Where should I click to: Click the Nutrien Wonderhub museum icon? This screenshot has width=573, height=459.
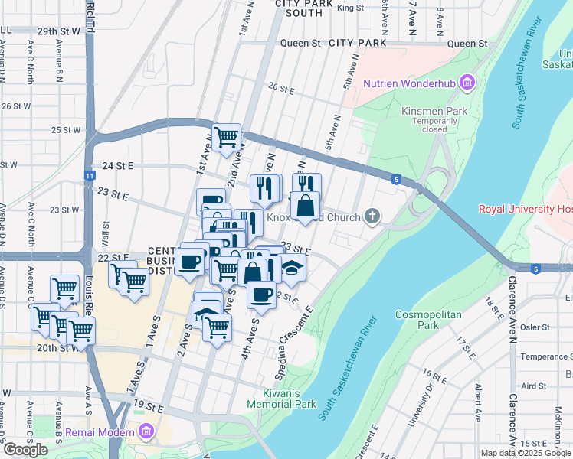[x=467, y=83]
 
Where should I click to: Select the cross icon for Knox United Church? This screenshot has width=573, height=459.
[x=372, y=217]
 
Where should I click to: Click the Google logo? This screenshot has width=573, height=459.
[x=25, y=450]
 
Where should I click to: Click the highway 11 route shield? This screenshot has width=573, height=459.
[x=90, y=176]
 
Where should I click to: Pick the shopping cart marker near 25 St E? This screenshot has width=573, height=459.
[x=227, y=138]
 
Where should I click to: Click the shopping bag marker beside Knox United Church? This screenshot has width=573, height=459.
[x=306, y=206]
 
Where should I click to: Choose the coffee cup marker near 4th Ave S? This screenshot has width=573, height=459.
[x=261, y=295]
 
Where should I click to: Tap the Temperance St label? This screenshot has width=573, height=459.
[x=545, y=356]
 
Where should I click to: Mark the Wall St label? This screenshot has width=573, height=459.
[x=106, y=229]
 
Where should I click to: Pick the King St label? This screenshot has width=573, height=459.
[x=349, y=8]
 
